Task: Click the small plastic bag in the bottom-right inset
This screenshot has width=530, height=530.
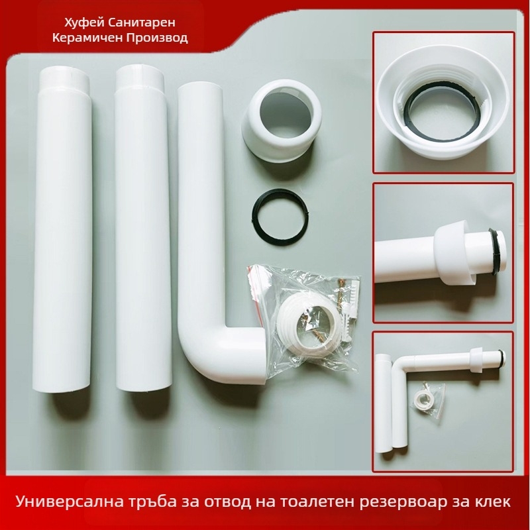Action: [427, 399]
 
